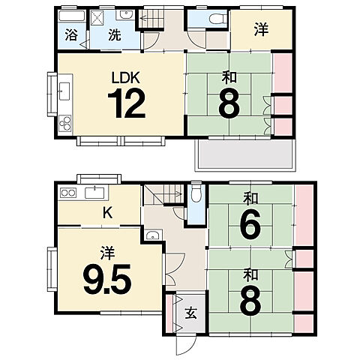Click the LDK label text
pos(125,78)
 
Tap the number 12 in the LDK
pos(127,103)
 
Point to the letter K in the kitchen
pos(107,213)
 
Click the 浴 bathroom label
pos(71,35)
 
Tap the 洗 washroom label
pos(115,35)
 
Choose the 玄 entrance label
pos(190,313)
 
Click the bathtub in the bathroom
pos(72,16)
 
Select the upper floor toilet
pos(217,19)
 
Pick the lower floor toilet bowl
pos(196,193)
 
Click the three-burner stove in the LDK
pos(65,123)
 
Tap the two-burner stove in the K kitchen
pos(68,193)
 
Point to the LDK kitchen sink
pos(64,91)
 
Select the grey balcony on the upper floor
pos(245,155)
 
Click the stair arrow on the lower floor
pos(172,193)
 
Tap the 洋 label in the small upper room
pos(262,29)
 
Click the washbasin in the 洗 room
pos(125,15)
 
